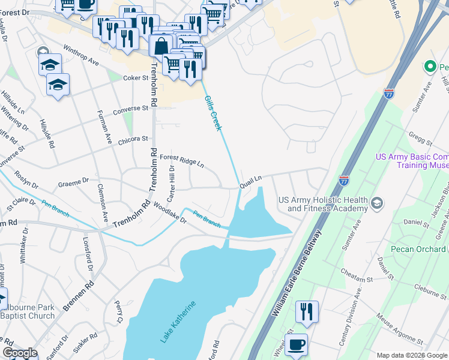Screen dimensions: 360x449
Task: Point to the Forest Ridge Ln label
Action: pos(182,160)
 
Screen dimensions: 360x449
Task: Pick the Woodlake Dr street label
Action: pos(170,214)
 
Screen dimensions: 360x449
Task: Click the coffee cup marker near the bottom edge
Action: pos(296,344)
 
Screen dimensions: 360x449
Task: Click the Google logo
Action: pos(19,353)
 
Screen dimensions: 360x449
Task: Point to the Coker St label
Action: pos(136,78)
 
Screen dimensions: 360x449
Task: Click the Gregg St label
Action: pos(420,140)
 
